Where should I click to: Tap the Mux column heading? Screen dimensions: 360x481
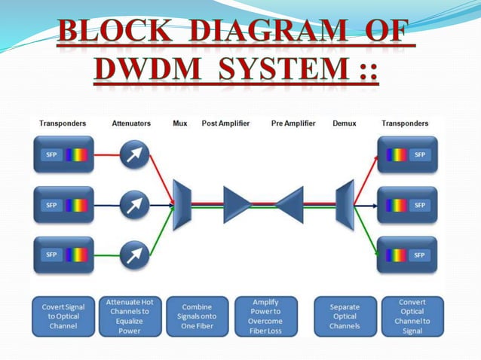pos(180,123)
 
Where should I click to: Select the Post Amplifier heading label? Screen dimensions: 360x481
pos(225,123)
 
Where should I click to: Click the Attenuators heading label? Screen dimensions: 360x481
pos(131,123)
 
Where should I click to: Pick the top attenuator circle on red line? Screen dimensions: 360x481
pos(134,154)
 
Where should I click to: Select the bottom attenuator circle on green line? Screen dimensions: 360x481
pos(134,255)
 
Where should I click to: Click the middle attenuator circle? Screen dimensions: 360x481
pos(134,204)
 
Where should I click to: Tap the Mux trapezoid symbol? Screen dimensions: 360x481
pos(182,204)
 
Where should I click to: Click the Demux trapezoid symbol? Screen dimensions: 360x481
pos(345,203)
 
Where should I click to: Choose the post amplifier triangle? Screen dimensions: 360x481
pos(236,204)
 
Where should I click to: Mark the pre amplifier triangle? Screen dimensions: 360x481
pos(290,204)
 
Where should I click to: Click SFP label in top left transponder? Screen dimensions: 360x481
pos(51,154)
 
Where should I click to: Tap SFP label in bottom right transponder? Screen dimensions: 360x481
pos(420,255)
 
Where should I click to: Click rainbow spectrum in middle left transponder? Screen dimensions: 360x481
pos(76,205)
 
